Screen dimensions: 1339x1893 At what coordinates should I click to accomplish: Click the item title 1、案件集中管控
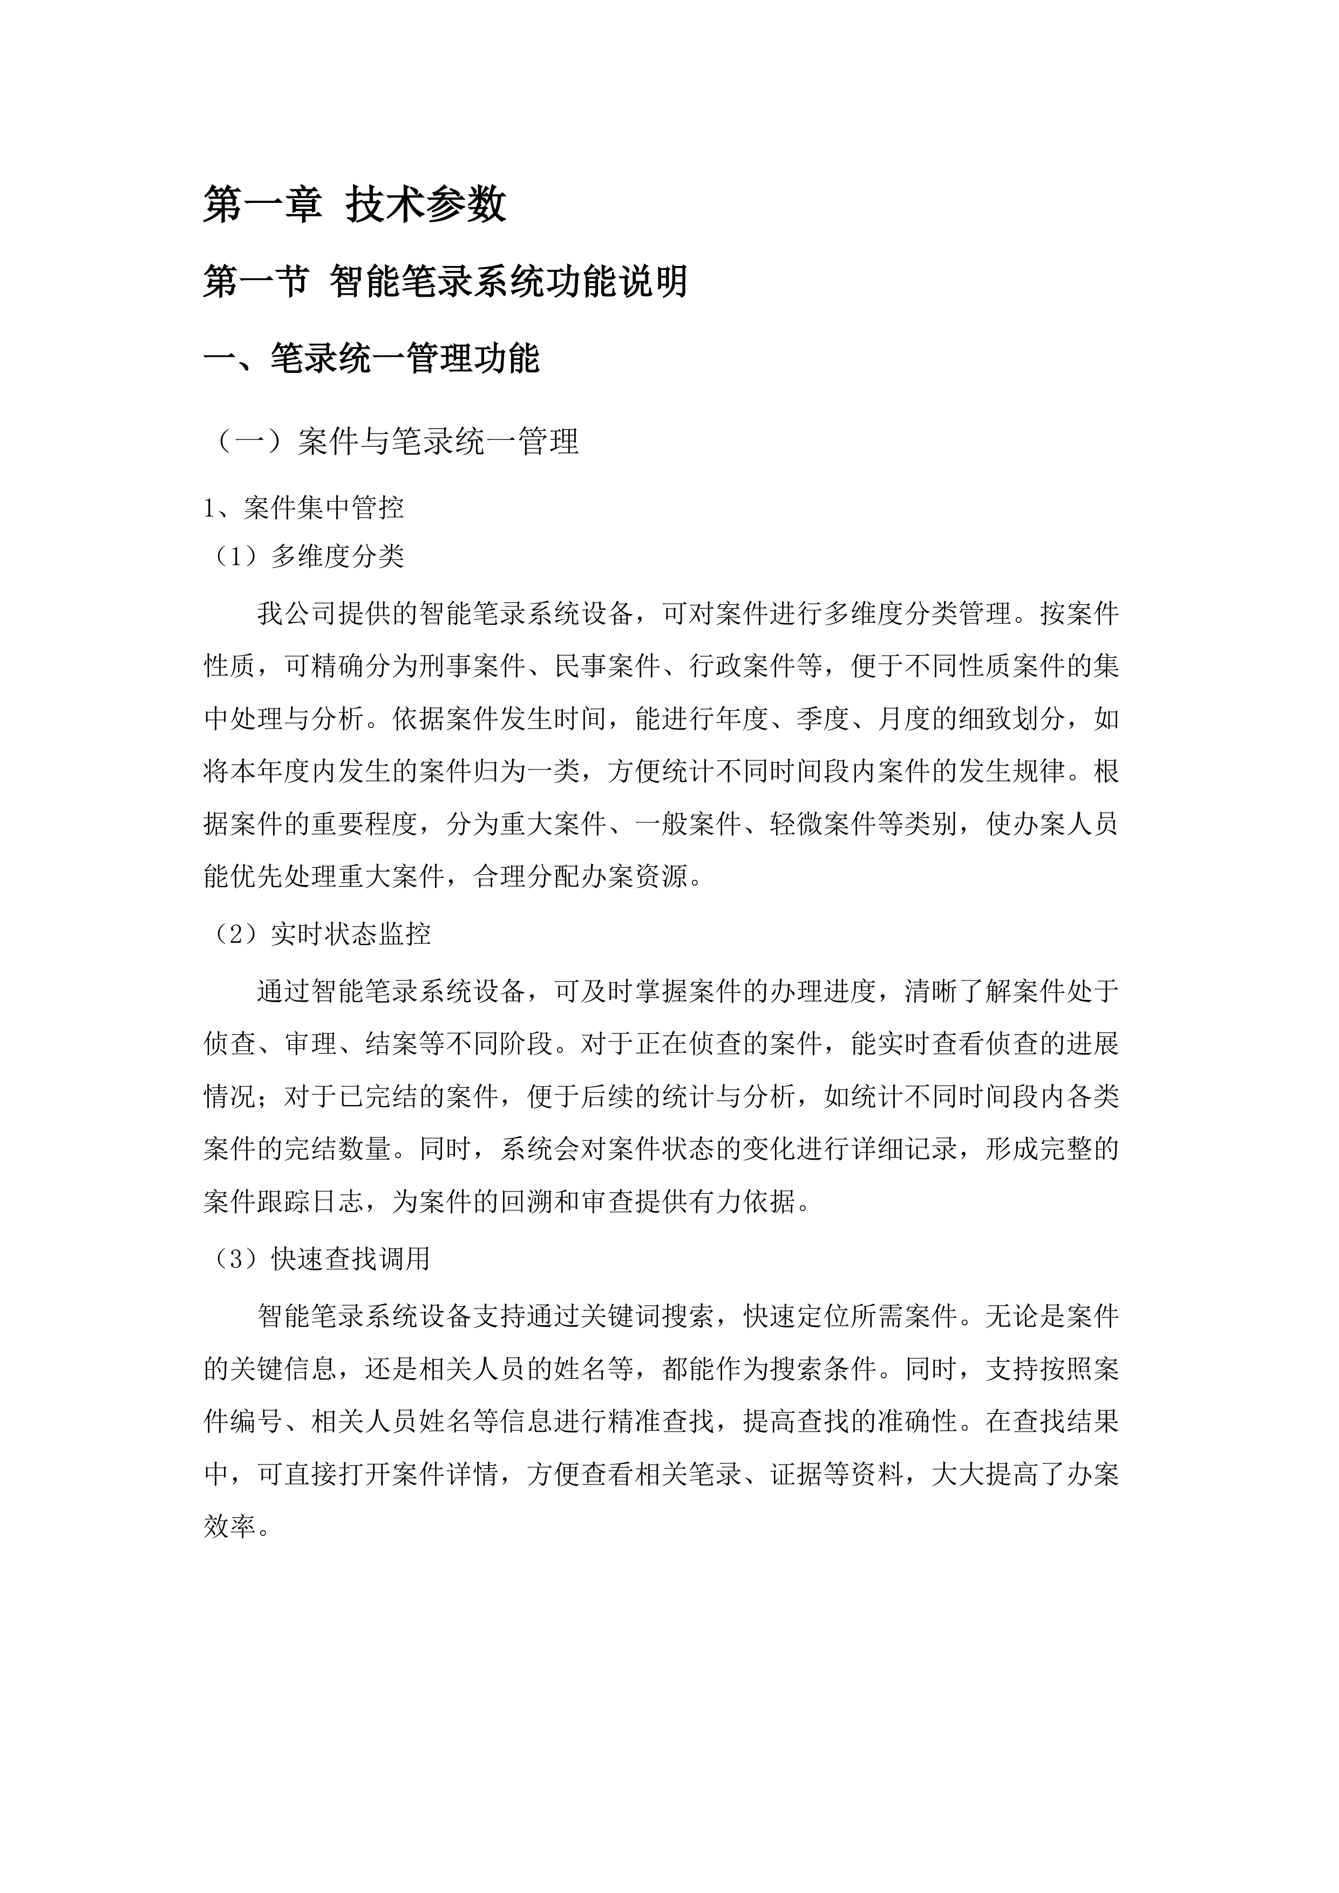(303, 508)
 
